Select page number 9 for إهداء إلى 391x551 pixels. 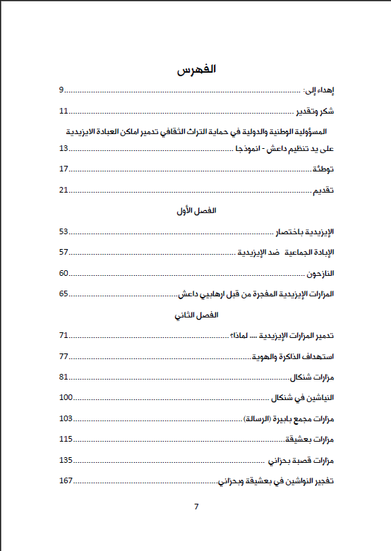coord(61,90)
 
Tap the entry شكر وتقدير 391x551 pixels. coord(314,111)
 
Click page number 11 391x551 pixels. coord(63,111)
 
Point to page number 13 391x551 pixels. coord(64,148)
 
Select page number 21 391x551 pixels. coord(64,190)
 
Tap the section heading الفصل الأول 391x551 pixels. coord(195,211)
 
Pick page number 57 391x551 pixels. coord(64,252)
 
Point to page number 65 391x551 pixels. coord(64,293)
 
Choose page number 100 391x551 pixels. coord(66,397)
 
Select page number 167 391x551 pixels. coord(66,480)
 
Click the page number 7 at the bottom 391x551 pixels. coord(196,507)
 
